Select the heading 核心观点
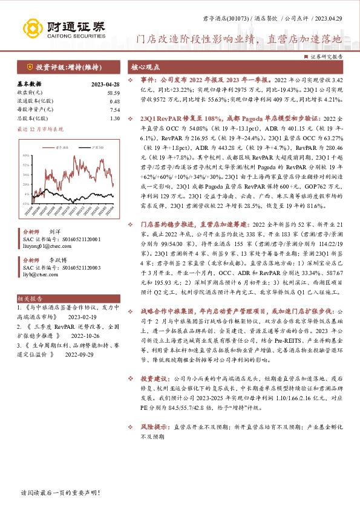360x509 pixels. click(146, 67)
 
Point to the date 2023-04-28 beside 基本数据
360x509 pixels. click(105, 85)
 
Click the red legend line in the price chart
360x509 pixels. click(48, 147)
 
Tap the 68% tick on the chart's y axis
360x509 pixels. click(26, 155)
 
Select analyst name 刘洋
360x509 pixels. click(54, 232)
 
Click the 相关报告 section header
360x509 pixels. click(28, 299)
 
